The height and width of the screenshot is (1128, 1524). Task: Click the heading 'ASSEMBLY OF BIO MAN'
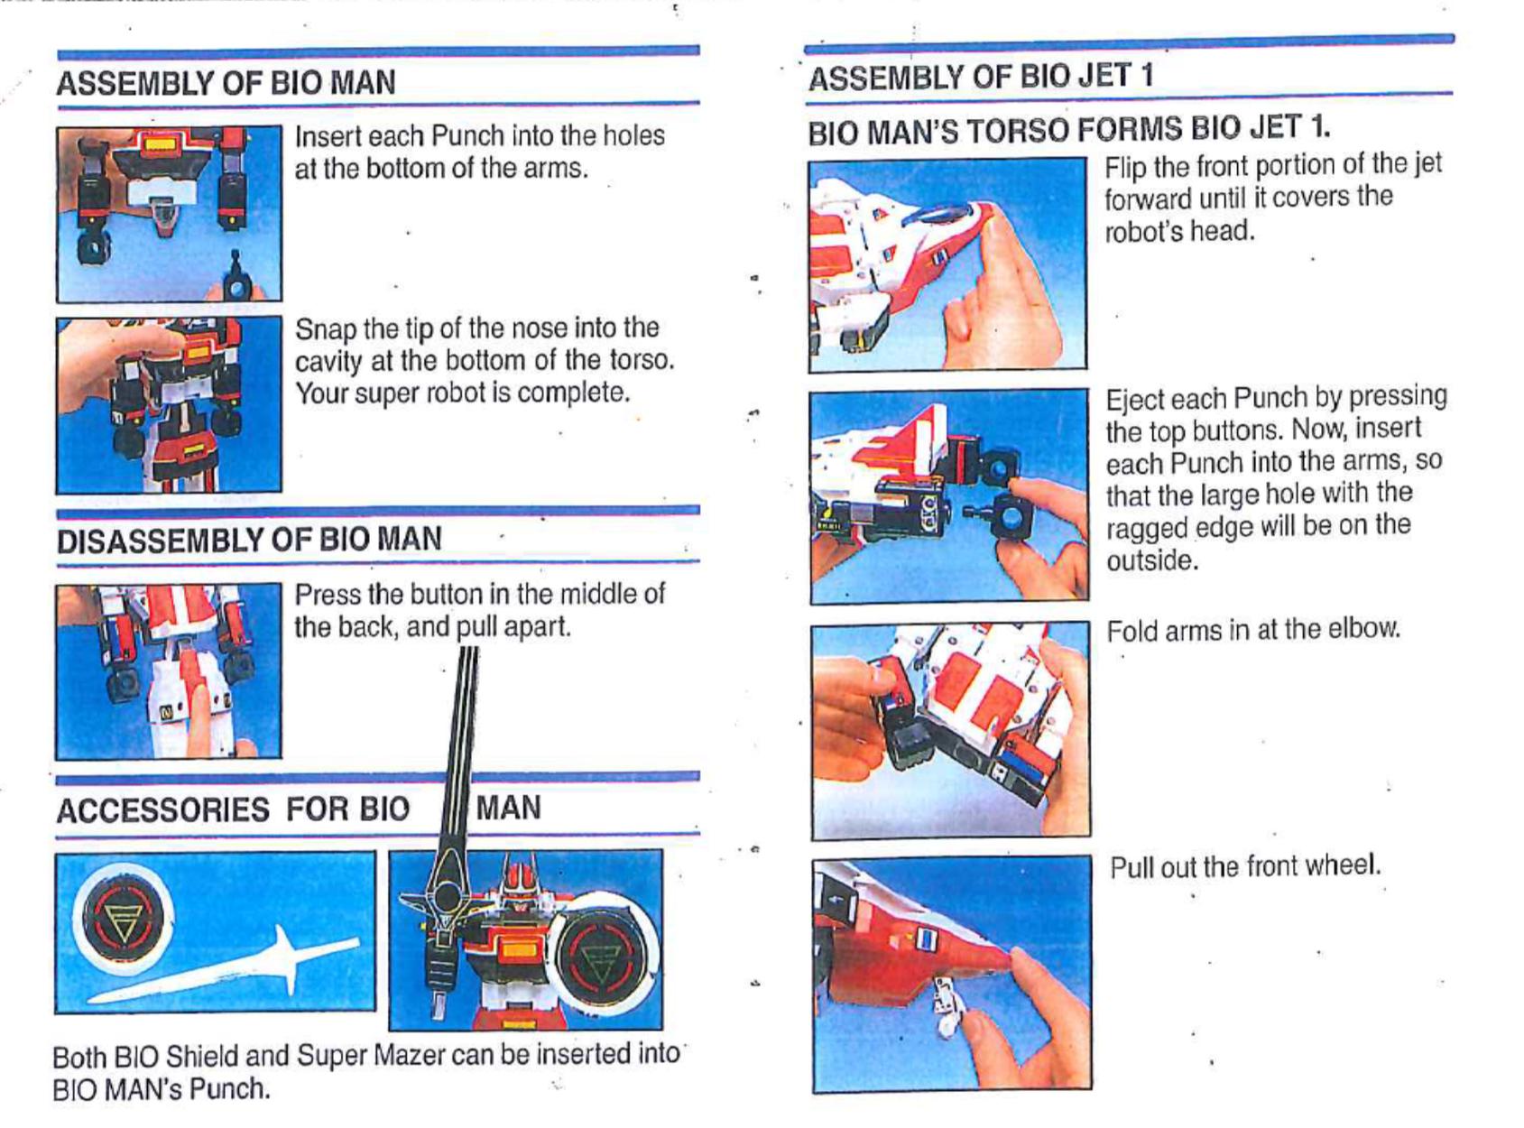(x=226, y=82)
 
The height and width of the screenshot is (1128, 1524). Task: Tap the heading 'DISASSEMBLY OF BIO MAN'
(x=249, y=540)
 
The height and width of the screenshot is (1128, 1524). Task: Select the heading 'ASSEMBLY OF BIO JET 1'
(x=980, y=77)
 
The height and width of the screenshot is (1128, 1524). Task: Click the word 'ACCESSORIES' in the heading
(x=162, y=809)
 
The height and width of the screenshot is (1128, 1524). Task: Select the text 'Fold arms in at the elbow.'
(x=1253, y=630)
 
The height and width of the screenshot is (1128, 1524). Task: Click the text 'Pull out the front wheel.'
(x=1245, y=866)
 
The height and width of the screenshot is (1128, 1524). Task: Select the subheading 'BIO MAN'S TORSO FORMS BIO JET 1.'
(x=1069, y=129)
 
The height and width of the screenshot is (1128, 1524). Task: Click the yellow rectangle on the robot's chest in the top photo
(x=160, y=145)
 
